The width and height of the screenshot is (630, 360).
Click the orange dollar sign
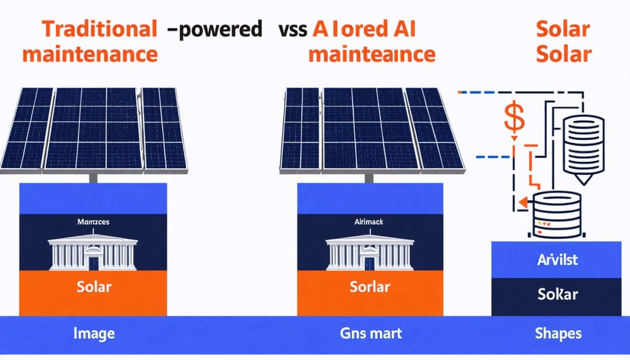pyautogui.click(x=514, y=119)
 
